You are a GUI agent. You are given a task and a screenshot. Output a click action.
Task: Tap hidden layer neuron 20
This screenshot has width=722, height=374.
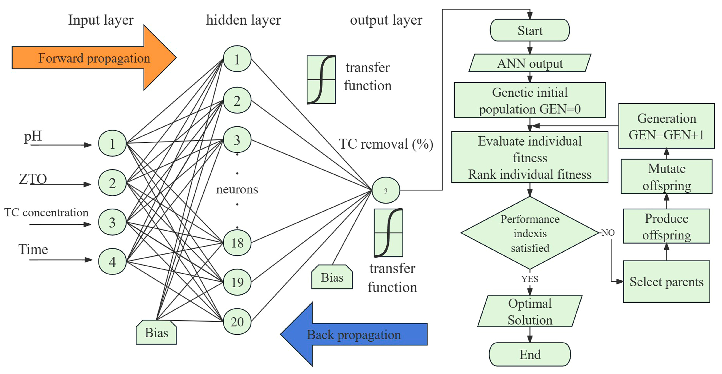(x=237, y=321)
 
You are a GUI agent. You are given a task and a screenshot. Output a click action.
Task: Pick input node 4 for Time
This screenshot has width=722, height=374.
(x=112, y=262)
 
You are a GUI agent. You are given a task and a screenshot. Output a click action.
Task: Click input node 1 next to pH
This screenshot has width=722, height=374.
(x=112, y=143)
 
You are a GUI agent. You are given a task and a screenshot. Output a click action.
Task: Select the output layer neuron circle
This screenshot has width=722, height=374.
(x=386, y=190)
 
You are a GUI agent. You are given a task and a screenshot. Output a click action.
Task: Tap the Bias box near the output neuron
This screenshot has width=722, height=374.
(x=332, y=278)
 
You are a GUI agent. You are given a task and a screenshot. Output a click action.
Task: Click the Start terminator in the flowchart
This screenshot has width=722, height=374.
(x=530, y=30)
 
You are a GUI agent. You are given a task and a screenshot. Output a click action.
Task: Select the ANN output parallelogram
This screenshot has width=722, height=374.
(x=530, y=63)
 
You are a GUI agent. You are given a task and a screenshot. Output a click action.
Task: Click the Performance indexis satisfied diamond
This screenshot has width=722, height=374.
(x=530, y=233)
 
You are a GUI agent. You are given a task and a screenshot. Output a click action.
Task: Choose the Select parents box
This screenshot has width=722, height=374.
(x=666, y=282)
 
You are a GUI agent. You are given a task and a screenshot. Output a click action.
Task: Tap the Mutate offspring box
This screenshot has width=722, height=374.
(x=666, y=177)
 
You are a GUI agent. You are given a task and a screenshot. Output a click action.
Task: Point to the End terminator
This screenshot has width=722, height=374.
(x=530, y=354)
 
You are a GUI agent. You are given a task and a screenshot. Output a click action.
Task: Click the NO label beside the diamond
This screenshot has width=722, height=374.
(x=608, y=233)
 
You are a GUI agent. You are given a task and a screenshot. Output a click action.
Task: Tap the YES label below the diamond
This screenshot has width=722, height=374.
(x=530, y=279)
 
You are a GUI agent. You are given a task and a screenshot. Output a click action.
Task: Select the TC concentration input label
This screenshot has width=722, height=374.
(x=46, y=212)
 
